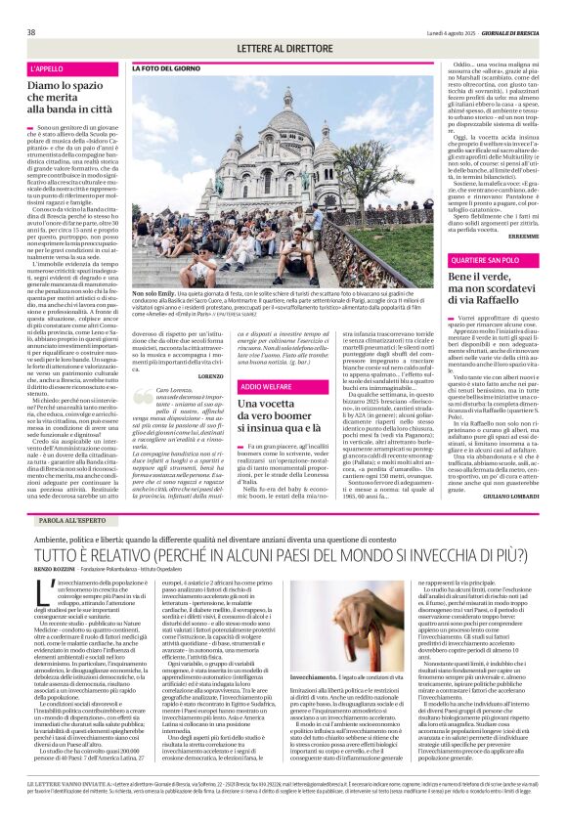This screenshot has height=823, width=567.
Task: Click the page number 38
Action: (31, 32)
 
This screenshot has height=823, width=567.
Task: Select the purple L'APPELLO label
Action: (47, 69)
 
